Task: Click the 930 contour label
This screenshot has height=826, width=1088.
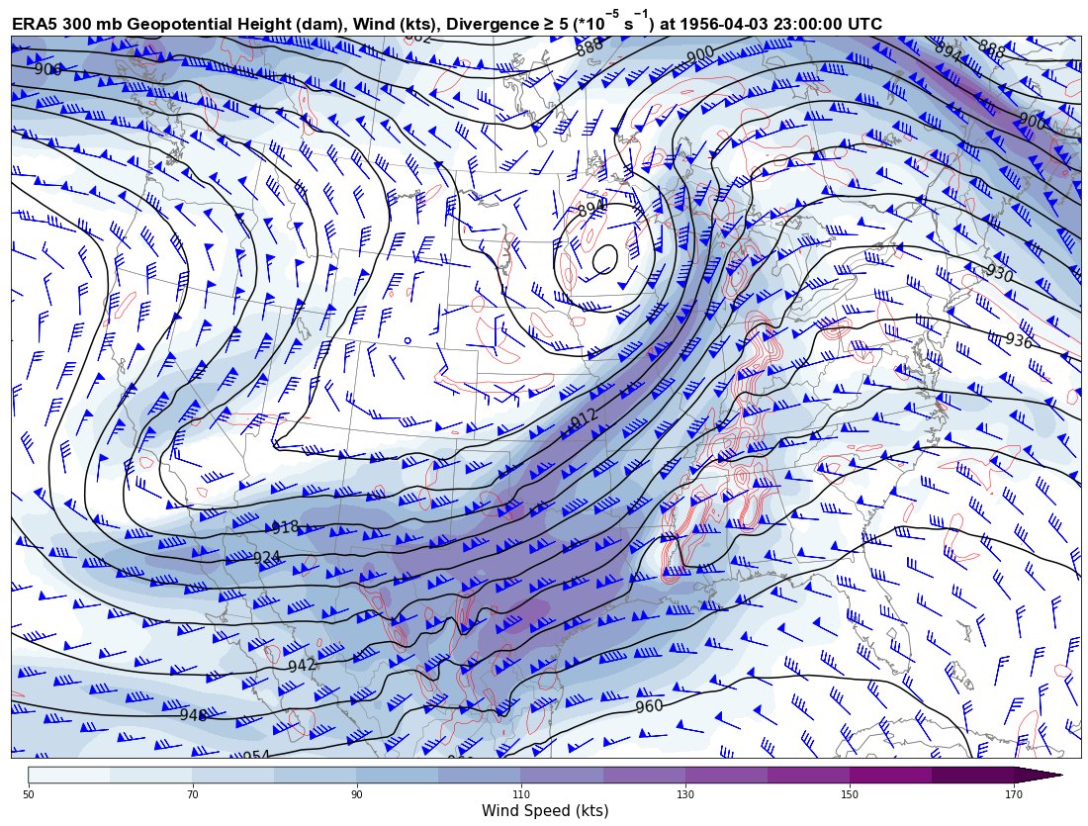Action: click(999, 274)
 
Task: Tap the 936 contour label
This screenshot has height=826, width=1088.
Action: click(1018, 341)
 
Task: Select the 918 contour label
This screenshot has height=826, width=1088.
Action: click(285, 528)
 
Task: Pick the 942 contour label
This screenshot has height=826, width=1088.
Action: click(301, 666)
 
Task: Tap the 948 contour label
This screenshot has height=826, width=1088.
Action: click(194, 715)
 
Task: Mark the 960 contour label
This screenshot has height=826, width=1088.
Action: click(649, 706)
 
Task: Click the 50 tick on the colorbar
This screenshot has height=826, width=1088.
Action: click(29, 793)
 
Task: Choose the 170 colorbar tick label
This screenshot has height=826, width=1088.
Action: click(1013, 793)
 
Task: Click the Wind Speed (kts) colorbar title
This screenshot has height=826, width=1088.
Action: click(544, 811)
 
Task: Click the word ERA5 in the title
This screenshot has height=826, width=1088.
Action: click(34, 24)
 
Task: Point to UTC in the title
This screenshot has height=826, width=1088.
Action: click(861, 24)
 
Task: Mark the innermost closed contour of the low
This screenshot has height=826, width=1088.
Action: click(605, 259)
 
